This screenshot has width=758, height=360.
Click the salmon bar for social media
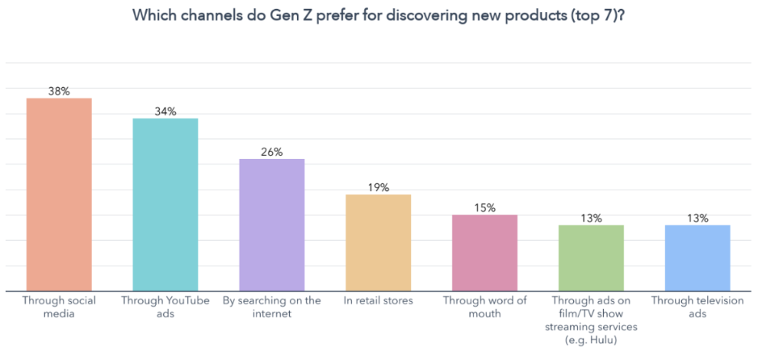tap(59, 195)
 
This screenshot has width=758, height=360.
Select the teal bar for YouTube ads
tap(165, 204)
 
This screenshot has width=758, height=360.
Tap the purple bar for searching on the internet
tap(272, 224)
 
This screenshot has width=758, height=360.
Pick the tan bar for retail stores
tap(378, 242)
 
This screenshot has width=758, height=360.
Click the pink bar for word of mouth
tap(484, 253)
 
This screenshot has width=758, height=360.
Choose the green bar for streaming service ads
tap(591, 257)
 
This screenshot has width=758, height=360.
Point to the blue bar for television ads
tap(697, 257)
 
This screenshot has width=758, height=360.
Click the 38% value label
tap(59, 91)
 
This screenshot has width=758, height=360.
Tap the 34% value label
tap(165, 111)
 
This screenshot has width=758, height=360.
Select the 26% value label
tap(272, 152)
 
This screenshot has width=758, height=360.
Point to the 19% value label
tap(378, 187)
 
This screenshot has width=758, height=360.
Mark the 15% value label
tap(484, 207)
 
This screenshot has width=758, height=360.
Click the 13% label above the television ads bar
tap(697, 218)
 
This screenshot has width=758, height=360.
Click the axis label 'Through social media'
tap(59, 307)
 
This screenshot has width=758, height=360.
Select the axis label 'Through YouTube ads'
tap(165, 307)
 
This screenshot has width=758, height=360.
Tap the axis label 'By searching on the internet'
tap(272, 307)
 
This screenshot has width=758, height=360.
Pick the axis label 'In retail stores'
tap(378, 301)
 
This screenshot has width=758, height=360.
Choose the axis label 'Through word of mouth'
tap(484, 307)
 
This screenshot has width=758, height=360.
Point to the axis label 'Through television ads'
tap(697, 307)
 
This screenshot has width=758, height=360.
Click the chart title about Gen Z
tap(379, 17)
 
